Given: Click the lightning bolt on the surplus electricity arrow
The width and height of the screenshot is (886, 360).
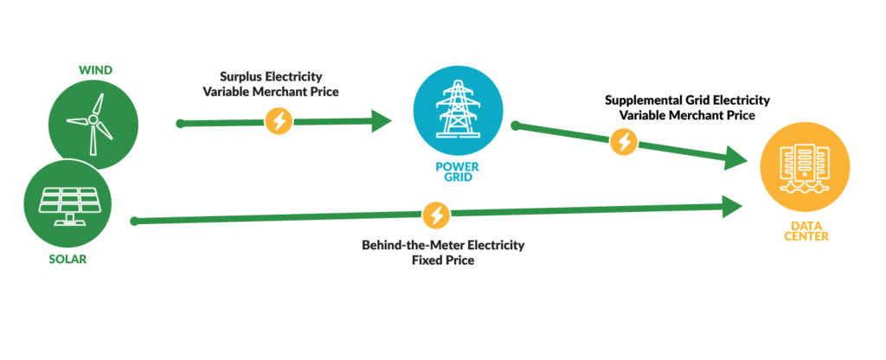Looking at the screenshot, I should pyautogui.click(x=279, y=122).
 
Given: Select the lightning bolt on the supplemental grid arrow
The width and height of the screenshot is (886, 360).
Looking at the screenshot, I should pyautogui.click(x=623, y=141).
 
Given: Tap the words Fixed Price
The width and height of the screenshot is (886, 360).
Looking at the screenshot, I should pyautogui.click(x=443, y=260).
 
